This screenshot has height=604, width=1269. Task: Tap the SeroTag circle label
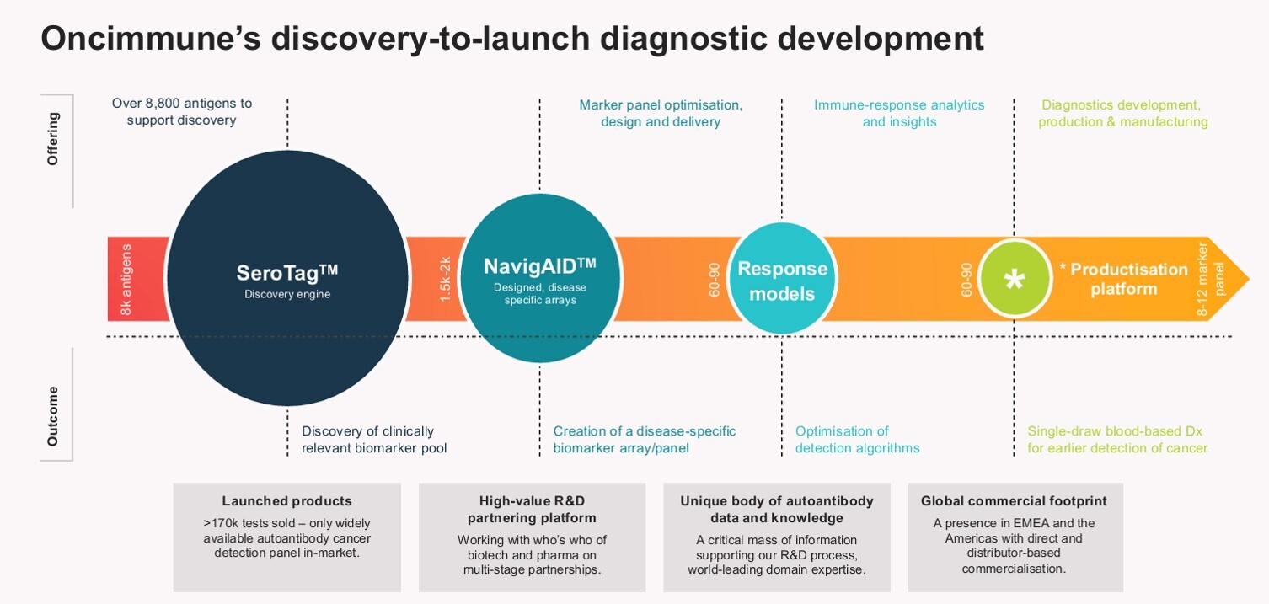(x=286, y=273)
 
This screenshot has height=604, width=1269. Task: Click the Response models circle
(x=782, y=281)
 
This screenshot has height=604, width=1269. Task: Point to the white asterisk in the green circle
(x=1014, y=280)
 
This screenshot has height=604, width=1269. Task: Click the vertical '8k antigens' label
(x=126, y=280)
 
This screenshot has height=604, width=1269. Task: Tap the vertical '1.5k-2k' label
(x=446, y=280)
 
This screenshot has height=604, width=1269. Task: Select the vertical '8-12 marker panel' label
(x=1211, y=279)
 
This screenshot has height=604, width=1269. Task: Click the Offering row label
(x=52, y=138)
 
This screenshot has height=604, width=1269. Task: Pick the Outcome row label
(x=52, y=416)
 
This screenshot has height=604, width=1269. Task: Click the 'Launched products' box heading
(x=286, y=501)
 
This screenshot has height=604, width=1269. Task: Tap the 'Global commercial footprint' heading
(x=1014, y=501)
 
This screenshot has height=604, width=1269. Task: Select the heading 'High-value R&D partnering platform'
(x=532, y=509)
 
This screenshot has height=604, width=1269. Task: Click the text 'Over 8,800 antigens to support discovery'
(x=182, y=112)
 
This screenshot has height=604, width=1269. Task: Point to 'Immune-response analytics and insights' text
(x=899, y=113)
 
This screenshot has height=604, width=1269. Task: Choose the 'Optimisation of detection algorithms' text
(x=857, y=440)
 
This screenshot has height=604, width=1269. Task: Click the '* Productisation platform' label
(x=1123, y=279)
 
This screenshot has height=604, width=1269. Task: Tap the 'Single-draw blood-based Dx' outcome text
(x=1117, y=431)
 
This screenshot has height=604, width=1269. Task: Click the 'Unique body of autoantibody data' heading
(x=776, y=509)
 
